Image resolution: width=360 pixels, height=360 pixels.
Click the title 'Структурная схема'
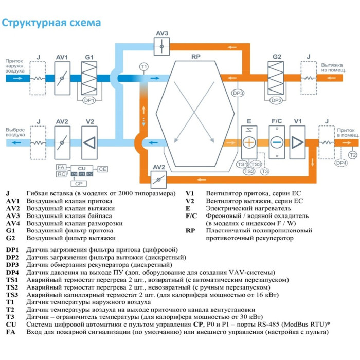pyautogui.click(x=51, y=24)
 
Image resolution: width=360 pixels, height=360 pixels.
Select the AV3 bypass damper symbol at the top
pyautogui.click(x=162, y=46)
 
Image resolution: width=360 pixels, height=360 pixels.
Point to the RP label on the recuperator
pyautogui.click(x=195, y=56)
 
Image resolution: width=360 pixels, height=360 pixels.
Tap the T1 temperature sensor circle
pyautogui.click(x=144, y=67)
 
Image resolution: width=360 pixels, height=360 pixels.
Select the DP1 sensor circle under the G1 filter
pyautogui.click(x=89, y=101)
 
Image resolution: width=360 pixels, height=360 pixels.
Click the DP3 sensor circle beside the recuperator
pyautogui.click(x=238, y=93)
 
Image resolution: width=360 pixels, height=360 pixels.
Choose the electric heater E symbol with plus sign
pyautogui.click(x=249, y=142)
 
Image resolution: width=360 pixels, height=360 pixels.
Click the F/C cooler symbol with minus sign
pyautogui.click(x=277, y=142)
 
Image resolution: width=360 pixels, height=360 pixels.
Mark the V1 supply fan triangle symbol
pyautogui.click(x=297, y=142)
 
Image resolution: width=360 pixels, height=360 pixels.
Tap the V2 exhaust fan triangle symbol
pyautogui.click(x=89, y=142)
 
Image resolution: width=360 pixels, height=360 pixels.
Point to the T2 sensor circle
pyautogui.click(x=352, y=155)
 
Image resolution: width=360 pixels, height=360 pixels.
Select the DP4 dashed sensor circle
pyautogui.click(x=341, y=163)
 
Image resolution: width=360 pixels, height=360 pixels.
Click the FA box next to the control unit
pyautogui.click(x=61, y=168)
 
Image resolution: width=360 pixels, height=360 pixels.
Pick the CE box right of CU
pyautogui.click(x=103, y=169)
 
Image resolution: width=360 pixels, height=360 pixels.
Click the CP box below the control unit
pyautogui.click(x=78, y=183)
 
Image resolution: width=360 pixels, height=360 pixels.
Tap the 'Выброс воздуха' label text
pyautogui.click(x=15, y=132)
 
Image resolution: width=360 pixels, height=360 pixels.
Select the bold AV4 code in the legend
pyautogui.click(x=13, y=224)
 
